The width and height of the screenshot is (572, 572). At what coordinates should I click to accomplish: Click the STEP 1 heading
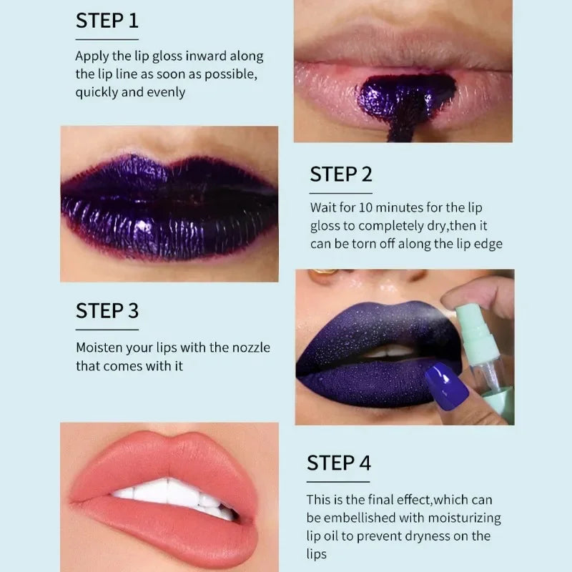pos(107,21)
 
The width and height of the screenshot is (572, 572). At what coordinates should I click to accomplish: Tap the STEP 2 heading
pos(341,174)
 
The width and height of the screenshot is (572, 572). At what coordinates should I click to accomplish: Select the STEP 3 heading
pos(107,311)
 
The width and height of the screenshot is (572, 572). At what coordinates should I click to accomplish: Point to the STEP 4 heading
pos(339,463)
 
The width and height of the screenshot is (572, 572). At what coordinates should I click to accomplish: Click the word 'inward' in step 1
pos(206,56)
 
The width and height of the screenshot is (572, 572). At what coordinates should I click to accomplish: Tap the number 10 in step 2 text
pos(365,207)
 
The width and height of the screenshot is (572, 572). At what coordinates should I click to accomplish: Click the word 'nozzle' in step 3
pos(252,347)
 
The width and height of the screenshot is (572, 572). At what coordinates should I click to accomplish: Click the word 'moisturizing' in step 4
pos(464,518)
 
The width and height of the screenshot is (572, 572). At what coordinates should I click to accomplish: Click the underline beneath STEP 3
pos(107,330)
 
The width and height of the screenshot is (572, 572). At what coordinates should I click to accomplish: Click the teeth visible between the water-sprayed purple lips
pos(388,351)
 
